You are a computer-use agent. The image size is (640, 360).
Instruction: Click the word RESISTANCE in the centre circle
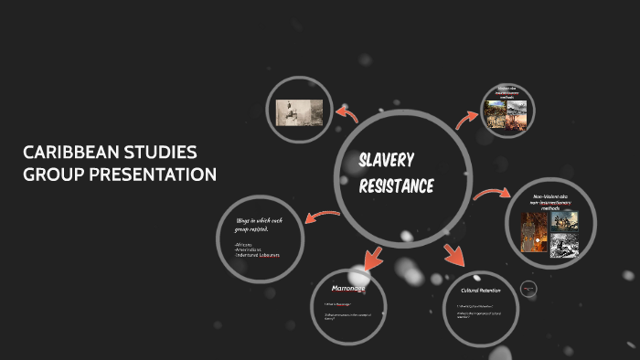[x=396, y=187]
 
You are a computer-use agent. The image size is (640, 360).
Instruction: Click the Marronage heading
[x=347, y=288]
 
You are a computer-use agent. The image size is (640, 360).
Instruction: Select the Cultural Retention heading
[x=480, y=291]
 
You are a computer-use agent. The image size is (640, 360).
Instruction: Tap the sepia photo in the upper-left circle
[x=299, y=112]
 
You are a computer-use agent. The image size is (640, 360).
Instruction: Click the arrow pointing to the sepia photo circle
[x=347, y=113]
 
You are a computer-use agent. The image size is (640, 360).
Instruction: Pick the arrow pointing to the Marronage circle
[x=373, y=257]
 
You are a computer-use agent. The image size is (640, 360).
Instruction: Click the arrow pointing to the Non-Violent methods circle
[x=492, y=194]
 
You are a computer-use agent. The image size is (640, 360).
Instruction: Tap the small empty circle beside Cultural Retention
[x=528, y=289]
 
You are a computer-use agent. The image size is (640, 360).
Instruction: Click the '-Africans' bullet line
[x=244, y=245]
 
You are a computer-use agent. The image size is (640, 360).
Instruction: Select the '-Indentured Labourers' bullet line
[x=257, y=255]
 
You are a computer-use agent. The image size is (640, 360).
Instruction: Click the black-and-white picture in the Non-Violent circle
[x=563, y=248]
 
